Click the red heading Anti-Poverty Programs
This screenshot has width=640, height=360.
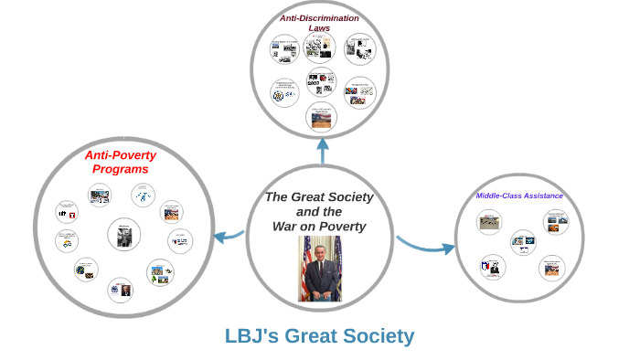point(121,162)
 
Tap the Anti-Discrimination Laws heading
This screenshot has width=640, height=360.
point(319,23)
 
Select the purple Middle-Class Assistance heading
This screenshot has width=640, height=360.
point(519,196)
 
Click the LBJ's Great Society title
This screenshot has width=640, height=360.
point(319,335)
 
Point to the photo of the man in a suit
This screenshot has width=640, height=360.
point(320,269)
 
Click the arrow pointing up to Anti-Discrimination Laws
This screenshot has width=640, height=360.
point(322,150)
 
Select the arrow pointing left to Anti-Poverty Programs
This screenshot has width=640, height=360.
point(228,238)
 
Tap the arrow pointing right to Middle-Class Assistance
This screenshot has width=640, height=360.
point(426,244)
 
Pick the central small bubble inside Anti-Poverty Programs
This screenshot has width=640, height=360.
point(123,235)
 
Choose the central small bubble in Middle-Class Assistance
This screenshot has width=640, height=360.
point(523,242)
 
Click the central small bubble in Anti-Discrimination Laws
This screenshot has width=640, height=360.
point(321,81)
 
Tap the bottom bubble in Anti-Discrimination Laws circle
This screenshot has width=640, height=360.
point(321,116)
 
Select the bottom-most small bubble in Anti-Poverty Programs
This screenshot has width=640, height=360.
point(120,290)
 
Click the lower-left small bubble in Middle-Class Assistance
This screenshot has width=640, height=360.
point(492,267)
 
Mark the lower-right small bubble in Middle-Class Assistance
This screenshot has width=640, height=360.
point(551,267)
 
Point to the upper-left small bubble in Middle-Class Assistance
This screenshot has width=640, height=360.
point(489,221)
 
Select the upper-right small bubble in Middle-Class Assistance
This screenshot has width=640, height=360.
point(557,221)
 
